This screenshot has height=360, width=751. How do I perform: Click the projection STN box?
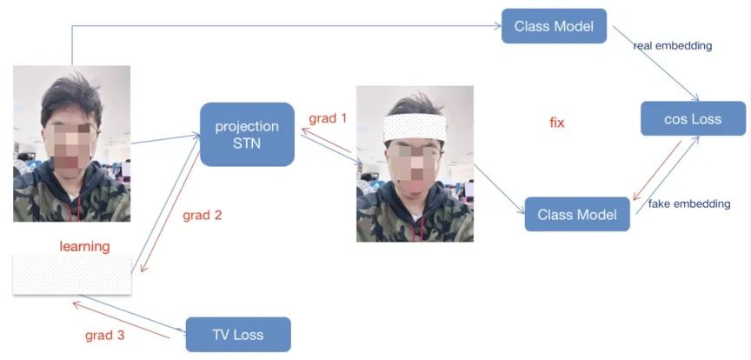[247, 134]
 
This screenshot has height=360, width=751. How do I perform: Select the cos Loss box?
[693, 119]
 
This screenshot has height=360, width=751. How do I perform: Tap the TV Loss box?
[237, 334]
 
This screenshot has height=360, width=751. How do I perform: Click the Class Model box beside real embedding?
[554, 26]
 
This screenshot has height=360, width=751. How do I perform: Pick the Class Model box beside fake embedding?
[576, 214]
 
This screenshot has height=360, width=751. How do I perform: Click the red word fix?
[557, 123]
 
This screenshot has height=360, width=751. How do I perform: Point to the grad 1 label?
[328, 117]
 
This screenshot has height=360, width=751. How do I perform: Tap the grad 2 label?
[203, 215]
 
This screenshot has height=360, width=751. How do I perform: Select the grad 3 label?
[104, 335]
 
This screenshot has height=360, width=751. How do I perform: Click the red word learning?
[84, 246]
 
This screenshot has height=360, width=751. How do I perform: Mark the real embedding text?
[673, 46]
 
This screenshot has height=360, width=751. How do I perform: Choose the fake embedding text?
[689, 204]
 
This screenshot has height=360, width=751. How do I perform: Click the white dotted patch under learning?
[72, 276]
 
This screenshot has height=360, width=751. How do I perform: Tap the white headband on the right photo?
[415, 129]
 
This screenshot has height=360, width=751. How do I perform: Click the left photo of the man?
[71, 143]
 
